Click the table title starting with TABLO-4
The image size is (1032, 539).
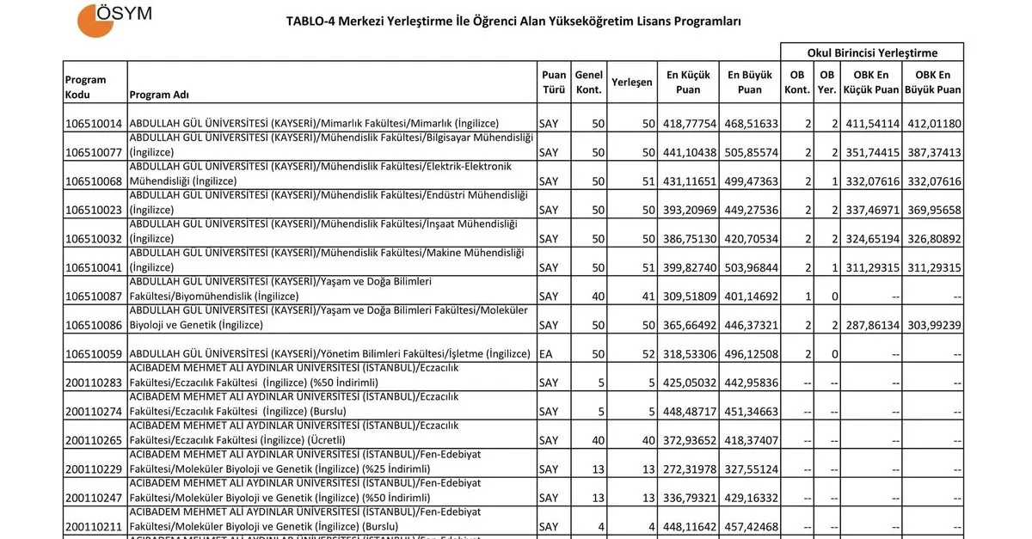point(513,21)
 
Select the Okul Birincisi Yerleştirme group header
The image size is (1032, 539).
point(872,52)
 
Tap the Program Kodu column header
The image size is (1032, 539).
point(86,87)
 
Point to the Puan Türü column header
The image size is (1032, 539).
point(554,83)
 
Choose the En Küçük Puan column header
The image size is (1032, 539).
point(688,83)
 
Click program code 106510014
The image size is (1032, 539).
point(94,124)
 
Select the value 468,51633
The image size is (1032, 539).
point(750,124)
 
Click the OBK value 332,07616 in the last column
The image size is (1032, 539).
point(932,181)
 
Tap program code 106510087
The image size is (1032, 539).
point(94,297)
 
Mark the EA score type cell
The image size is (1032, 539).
point(546,354)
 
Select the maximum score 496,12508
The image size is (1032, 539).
point(750,354)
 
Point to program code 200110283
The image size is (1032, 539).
point(94,383)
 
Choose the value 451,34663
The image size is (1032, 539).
point(750,412)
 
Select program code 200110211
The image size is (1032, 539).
point(94,527)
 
